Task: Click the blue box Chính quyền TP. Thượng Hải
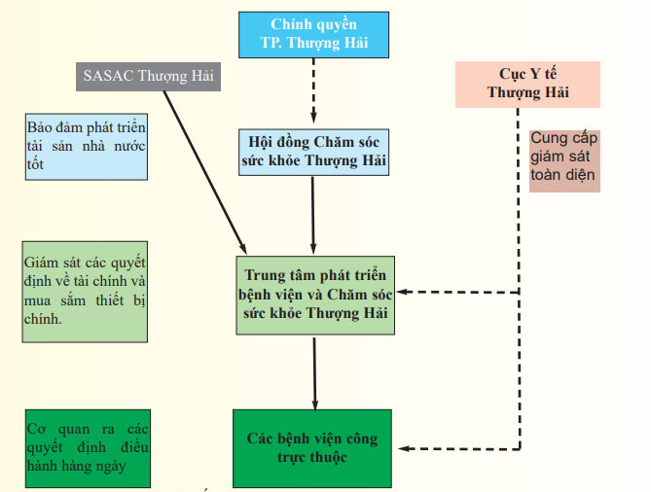(313, 35)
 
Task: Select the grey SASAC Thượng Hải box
(149, 76)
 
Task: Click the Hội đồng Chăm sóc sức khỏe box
(313, 151)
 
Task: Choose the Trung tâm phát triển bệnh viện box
(314, 293)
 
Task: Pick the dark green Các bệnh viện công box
(314, 448)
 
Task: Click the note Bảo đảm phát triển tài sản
(87, 146)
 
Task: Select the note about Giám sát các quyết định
(87, 292)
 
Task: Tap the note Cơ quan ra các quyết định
(87, 448)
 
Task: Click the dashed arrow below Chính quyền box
(313, 91)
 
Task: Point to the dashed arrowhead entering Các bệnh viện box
(403, 448)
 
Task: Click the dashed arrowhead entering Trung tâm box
(403, 292)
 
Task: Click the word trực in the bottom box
(287, 457)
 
